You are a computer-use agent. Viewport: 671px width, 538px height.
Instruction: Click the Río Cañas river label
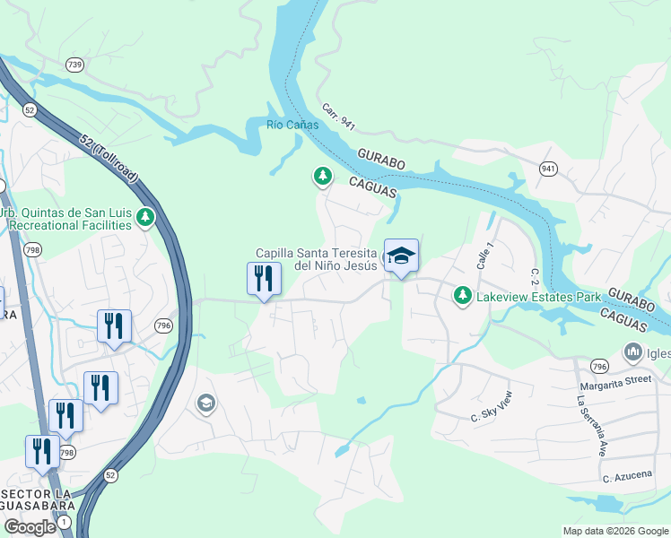pyautogui.click(x=292, y=125)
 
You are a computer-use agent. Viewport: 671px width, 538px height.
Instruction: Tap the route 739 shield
pyautogui.click(x=74, y=64)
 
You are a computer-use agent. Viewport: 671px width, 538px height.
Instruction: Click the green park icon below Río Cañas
pyautogui.click(x=322, y=177)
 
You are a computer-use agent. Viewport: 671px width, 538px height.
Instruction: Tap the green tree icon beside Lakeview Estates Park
pyautogui.click(x=462, y=295)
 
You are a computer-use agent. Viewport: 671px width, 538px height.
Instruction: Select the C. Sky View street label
pyautogui.click(x=492, y=406)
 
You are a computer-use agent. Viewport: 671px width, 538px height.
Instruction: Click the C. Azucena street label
pyautogui.click(x=627, y=474)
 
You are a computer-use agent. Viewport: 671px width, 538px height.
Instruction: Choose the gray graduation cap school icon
pyautogui.click(x=205, y=404)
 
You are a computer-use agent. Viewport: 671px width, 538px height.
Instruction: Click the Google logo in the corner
pyautogui.click(x=30, y=527)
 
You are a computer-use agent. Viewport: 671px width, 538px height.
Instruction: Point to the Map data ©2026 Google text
pyautogui.click(x=614, y=531)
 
